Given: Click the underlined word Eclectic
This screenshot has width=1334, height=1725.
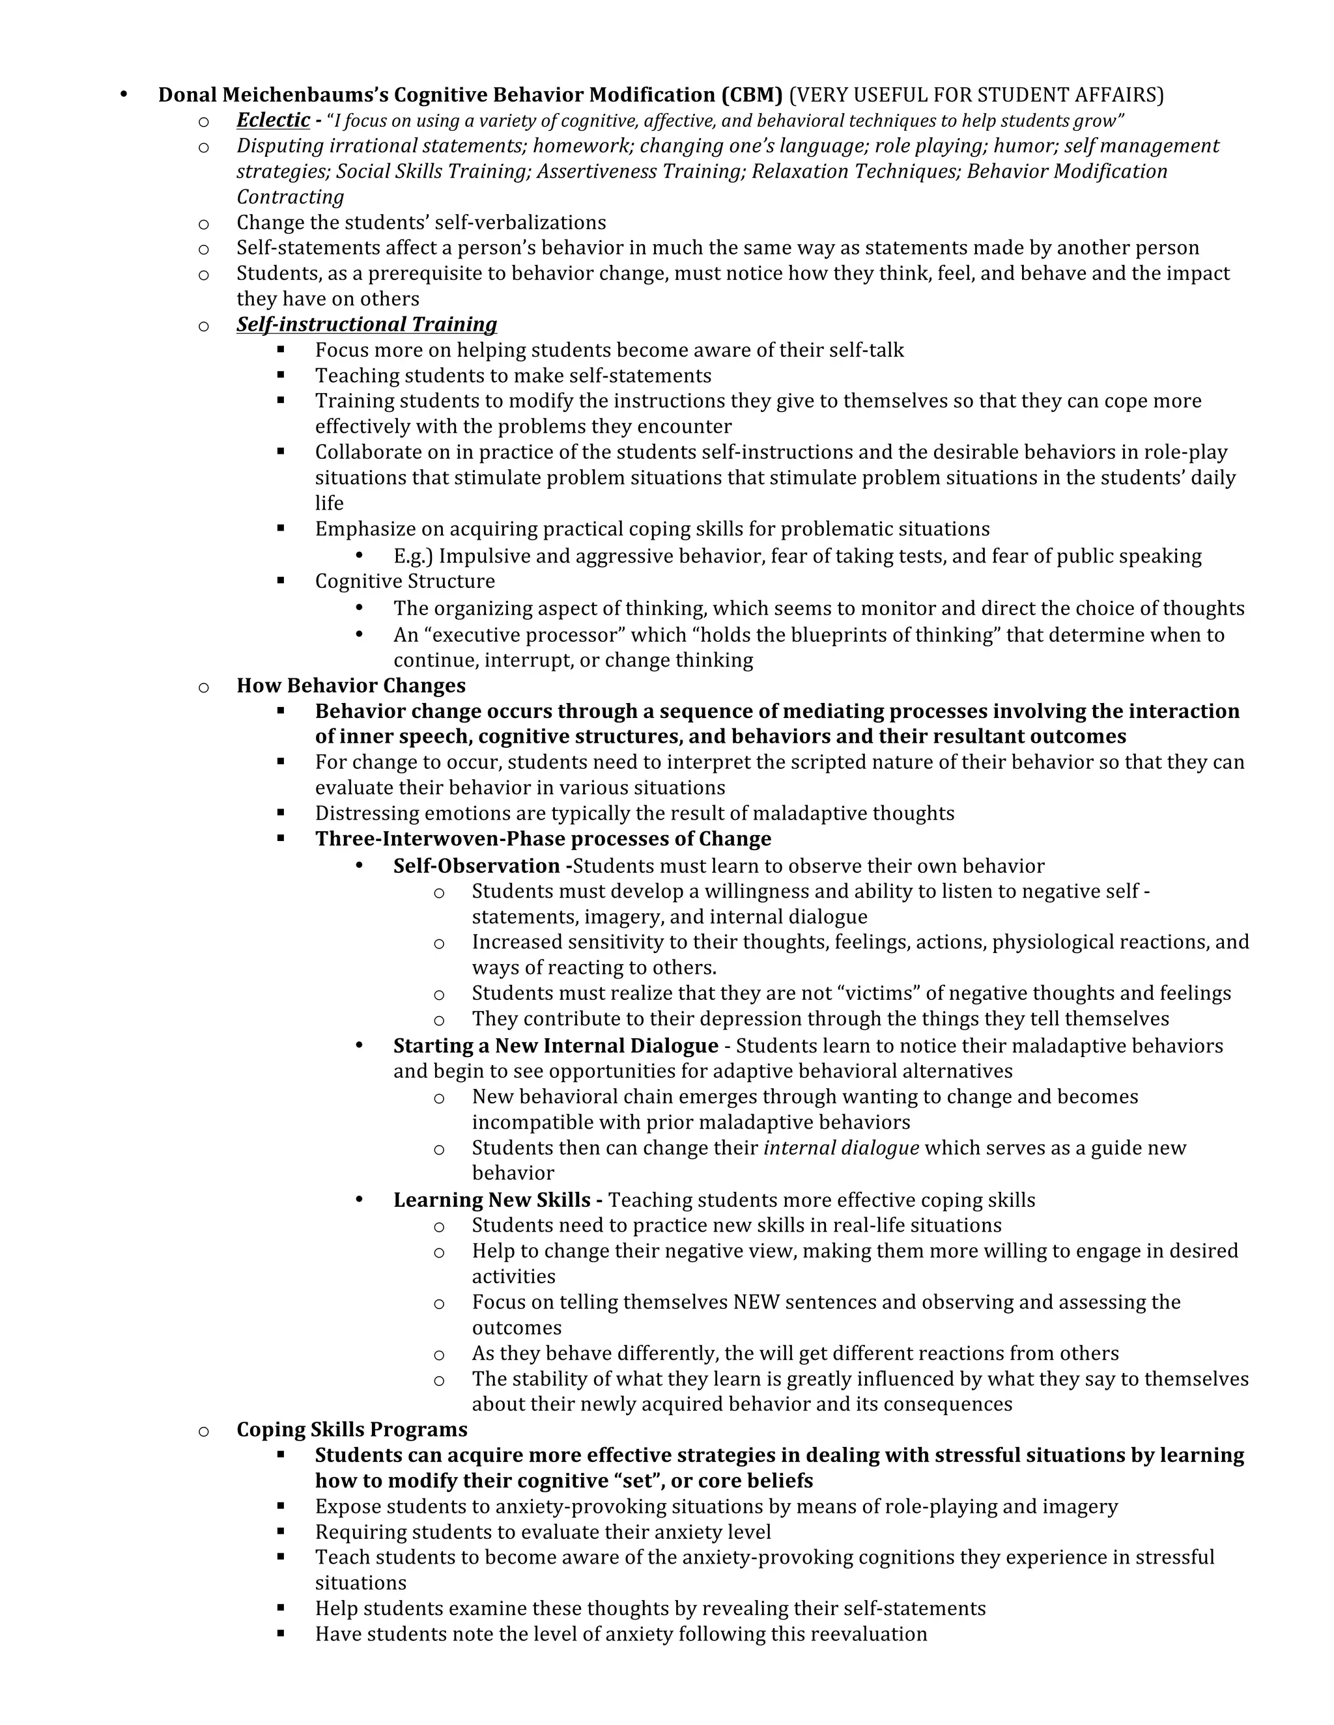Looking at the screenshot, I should pos(273,120).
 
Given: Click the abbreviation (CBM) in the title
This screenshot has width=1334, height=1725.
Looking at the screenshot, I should pos(751,95).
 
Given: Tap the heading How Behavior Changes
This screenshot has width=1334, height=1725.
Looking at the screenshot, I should pos(351,685).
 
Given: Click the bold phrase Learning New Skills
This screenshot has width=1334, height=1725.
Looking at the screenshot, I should pos(492,1200).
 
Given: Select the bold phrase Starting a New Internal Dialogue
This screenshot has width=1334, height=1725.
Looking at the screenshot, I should pos(556,1046).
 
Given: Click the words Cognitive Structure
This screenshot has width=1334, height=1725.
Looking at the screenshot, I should pos(404,581).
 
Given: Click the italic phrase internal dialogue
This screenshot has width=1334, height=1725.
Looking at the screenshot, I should pos(841,1148).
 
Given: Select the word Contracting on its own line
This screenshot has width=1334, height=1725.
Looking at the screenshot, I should pos(290,197).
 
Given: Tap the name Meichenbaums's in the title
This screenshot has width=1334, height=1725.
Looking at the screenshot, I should pos(304,95).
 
